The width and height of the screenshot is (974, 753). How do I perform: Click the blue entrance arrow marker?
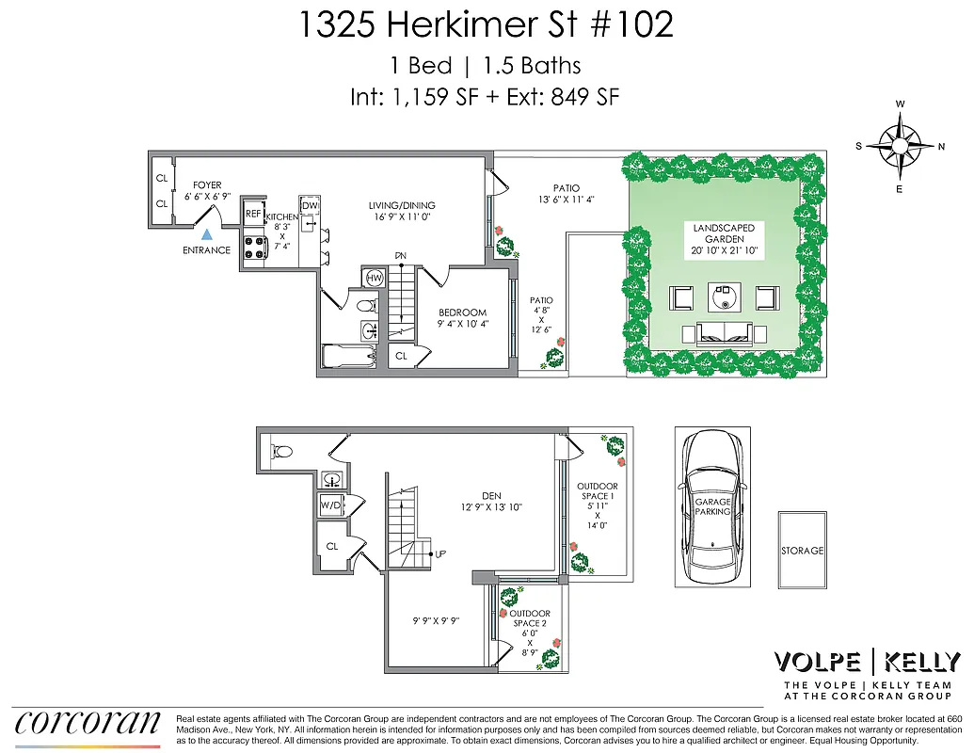207,234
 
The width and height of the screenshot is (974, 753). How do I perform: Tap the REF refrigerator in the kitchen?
252,214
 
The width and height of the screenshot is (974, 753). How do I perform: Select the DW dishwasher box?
310,206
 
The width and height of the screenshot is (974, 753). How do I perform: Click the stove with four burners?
255,247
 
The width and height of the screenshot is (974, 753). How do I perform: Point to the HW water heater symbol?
374,278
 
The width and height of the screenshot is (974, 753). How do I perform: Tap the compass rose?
901,146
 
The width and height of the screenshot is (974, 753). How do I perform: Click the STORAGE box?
802,551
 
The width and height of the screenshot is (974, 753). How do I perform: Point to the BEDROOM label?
462,312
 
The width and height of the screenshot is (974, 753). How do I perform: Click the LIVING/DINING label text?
402,205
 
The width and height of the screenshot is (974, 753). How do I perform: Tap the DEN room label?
491,496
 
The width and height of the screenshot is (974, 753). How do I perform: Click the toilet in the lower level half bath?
279,452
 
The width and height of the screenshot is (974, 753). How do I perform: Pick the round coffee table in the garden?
724,298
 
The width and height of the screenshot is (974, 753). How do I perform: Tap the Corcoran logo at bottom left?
87,723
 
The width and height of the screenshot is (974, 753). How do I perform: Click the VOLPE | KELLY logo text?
866,662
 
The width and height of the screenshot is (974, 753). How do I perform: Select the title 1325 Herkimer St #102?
486,24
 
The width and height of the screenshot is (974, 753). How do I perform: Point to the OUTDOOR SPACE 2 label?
530,618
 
